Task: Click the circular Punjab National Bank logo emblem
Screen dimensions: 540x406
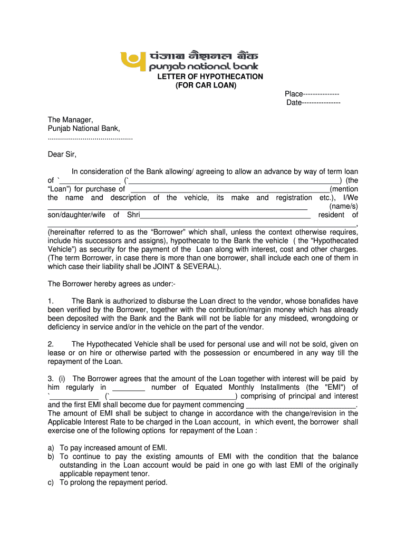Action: [x=131, y=59]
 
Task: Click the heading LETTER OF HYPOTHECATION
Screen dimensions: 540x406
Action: [x=210, y=76]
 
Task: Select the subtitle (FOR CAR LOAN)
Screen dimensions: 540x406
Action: [x=206, y=85]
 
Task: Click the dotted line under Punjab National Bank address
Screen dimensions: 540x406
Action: [x=90, y=138]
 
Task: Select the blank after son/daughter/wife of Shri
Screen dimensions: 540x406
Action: [x=225, y=215]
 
